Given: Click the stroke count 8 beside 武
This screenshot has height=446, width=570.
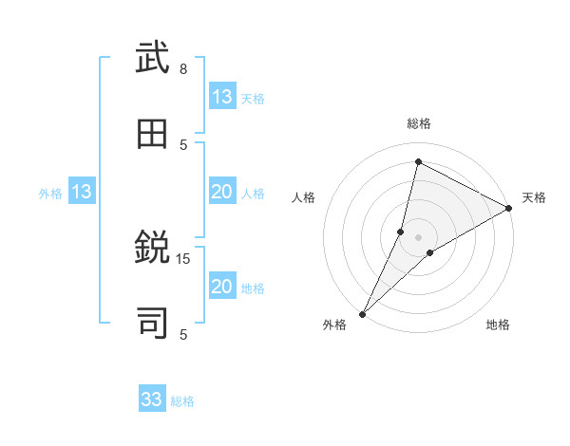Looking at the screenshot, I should [183, 69].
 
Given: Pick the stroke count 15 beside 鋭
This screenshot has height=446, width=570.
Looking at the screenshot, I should [183, 258].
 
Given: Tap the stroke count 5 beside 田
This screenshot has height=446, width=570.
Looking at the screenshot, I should [183, 144].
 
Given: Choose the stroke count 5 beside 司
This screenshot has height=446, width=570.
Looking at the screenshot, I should [183, 334].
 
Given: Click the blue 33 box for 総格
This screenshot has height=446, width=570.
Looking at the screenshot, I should [152, 400].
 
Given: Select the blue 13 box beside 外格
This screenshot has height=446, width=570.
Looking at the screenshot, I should [82, 193].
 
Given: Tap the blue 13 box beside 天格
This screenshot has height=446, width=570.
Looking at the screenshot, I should [222, 97].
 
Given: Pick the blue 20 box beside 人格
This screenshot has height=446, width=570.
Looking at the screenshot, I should [222, 193].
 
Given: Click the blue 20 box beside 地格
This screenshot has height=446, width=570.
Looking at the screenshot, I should [222, 287].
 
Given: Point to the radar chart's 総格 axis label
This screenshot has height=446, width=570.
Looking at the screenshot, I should [419, 123].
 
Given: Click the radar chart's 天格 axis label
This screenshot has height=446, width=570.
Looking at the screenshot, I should [534, 197].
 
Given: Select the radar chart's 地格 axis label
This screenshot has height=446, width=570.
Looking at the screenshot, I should [498, 325].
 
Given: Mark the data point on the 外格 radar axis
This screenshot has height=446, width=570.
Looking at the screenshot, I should [362, 314].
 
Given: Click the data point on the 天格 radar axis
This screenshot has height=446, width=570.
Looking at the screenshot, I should [509, 208].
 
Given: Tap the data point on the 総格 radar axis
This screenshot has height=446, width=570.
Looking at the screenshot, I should [418, 161].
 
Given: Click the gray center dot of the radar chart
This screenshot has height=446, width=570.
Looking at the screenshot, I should [419, 236].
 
